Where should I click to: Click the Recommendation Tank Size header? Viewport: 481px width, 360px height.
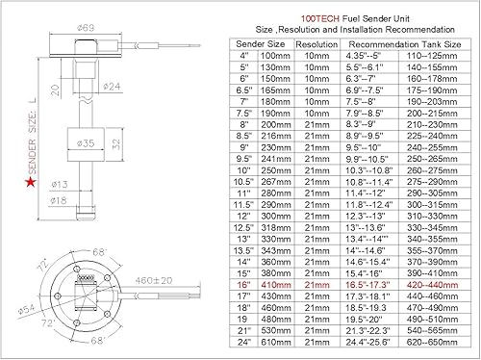coord(403,44)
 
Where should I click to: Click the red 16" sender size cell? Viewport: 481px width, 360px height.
coord(244,285)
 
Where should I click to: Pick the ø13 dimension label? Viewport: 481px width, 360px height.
coord(58,185)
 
